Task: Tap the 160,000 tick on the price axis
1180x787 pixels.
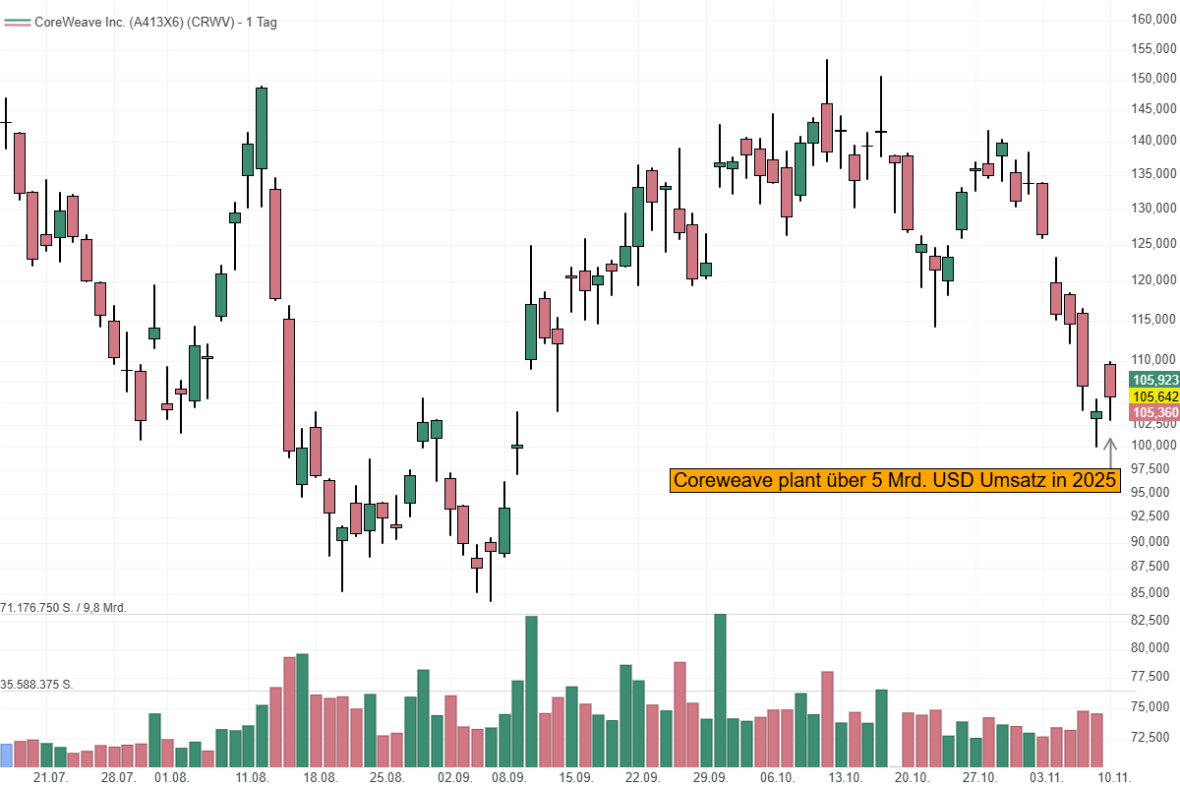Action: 1152,20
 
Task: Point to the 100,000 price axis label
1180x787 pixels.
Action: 1152,445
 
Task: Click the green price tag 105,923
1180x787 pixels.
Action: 1154,380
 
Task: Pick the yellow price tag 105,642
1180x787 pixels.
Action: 1154,396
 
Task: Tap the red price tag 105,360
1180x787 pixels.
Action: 1154,412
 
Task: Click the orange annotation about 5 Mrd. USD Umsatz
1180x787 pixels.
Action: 895,480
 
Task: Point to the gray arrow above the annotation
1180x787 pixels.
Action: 1110,453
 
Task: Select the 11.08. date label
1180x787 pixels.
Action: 253,777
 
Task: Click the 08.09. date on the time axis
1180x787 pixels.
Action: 508,777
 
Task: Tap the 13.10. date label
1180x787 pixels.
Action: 846,777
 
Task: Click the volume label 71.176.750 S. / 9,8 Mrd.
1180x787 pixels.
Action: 65,608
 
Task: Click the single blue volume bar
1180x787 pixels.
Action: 7,755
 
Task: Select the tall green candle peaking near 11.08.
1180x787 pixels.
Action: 262,128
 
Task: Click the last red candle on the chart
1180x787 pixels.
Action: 1110,381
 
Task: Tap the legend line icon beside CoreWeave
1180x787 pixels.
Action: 17,22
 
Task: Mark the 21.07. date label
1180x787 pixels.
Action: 50,777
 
